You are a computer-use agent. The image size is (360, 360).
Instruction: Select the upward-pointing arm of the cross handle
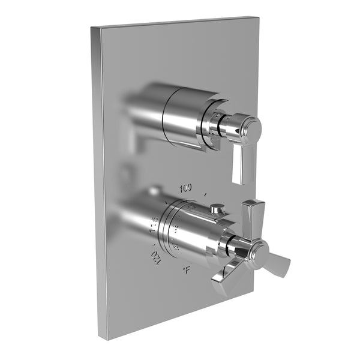[251, 215]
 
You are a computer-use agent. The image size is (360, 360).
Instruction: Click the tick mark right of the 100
[206, 194]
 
